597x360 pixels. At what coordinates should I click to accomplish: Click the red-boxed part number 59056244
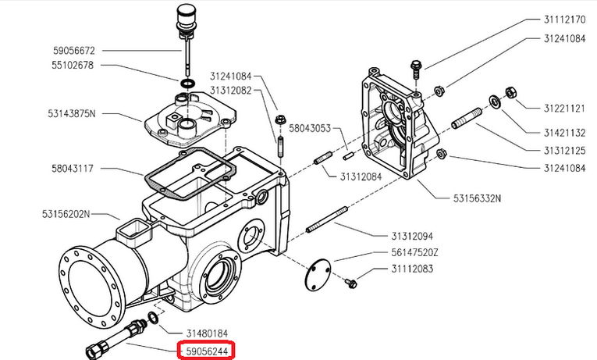click(x=207, y=352)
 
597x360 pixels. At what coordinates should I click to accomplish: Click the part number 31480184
click(x=205, y=333)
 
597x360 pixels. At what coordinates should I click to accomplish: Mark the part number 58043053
click(x=311, y=128)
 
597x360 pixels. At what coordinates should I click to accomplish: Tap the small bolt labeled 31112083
click(x=351, y=280)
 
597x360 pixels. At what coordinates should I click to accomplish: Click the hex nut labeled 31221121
click(x=512, y=93)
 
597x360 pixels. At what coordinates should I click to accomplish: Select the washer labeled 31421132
click(x=495, y=102)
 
